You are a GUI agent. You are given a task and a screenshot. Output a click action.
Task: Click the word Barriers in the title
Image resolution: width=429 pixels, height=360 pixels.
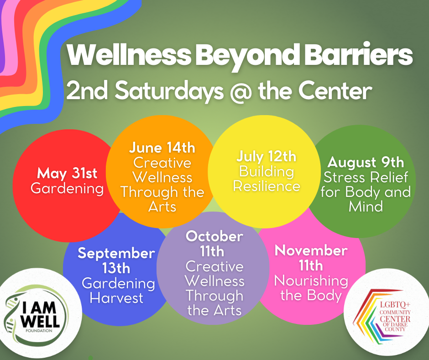[358, 54]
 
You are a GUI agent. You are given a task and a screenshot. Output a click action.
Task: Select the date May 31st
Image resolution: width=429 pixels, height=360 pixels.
[67, 174]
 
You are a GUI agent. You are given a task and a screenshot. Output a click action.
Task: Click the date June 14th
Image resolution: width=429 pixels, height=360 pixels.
[162, 148]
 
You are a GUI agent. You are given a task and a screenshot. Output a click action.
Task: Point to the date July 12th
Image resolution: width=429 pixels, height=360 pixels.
[266, 157]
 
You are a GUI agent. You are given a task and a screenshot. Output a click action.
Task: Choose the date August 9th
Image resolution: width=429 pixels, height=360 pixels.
[366, 163]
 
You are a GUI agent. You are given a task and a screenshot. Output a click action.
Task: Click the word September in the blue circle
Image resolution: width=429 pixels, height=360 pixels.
[116, 254]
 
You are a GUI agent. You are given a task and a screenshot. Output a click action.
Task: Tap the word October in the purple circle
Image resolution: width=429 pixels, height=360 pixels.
[214, 237]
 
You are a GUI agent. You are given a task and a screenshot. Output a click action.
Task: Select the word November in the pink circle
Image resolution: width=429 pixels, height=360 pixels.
[311, 251]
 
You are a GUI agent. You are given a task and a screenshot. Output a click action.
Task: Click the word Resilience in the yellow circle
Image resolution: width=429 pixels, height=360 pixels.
[267, 186]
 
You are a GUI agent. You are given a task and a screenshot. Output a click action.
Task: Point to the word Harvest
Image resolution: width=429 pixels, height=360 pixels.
[116, 298]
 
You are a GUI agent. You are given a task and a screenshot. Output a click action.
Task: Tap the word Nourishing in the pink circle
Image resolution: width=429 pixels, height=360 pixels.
[311, 281]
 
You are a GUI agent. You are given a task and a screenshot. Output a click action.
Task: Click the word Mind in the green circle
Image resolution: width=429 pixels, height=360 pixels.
[366, 206]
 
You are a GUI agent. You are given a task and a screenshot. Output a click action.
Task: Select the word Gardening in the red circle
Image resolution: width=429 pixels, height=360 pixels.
[67, 189]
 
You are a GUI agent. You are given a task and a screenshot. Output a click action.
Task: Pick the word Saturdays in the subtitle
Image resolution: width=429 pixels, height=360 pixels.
[169, 91]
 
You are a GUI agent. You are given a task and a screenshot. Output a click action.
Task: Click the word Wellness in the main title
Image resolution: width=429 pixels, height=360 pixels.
[129, 54]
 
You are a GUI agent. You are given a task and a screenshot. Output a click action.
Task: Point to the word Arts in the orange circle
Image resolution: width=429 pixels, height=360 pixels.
[162, 207]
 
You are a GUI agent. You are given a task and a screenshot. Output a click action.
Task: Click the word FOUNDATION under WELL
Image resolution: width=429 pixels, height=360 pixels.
[39, 331]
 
